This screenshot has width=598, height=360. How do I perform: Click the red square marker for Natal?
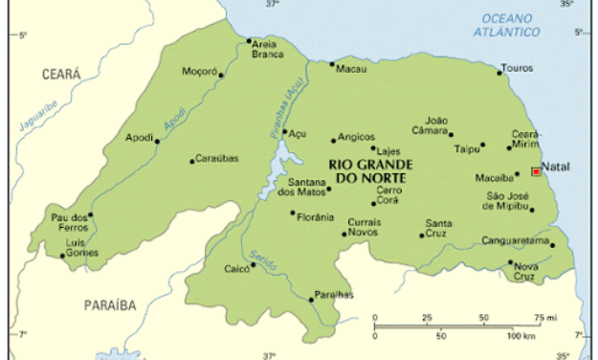tap(535, 172)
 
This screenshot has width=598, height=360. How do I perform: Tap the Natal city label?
tap(555, 168)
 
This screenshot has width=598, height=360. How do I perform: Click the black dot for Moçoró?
tap(221, 75)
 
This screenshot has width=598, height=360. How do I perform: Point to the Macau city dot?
tap(332, 64)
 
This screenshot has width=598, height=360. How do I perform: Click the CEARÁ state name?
tap(60, 74)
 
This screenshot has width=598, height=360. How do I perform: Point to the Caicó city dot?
tap(254, 275)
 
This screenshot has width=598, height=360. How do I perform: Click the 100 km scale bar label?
tap(520, 337)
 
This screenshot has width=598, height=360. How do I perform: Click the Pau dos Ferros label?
tap(69, 222)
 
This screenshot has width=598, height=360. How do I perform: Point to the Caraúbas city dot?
tap(191, 161)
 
